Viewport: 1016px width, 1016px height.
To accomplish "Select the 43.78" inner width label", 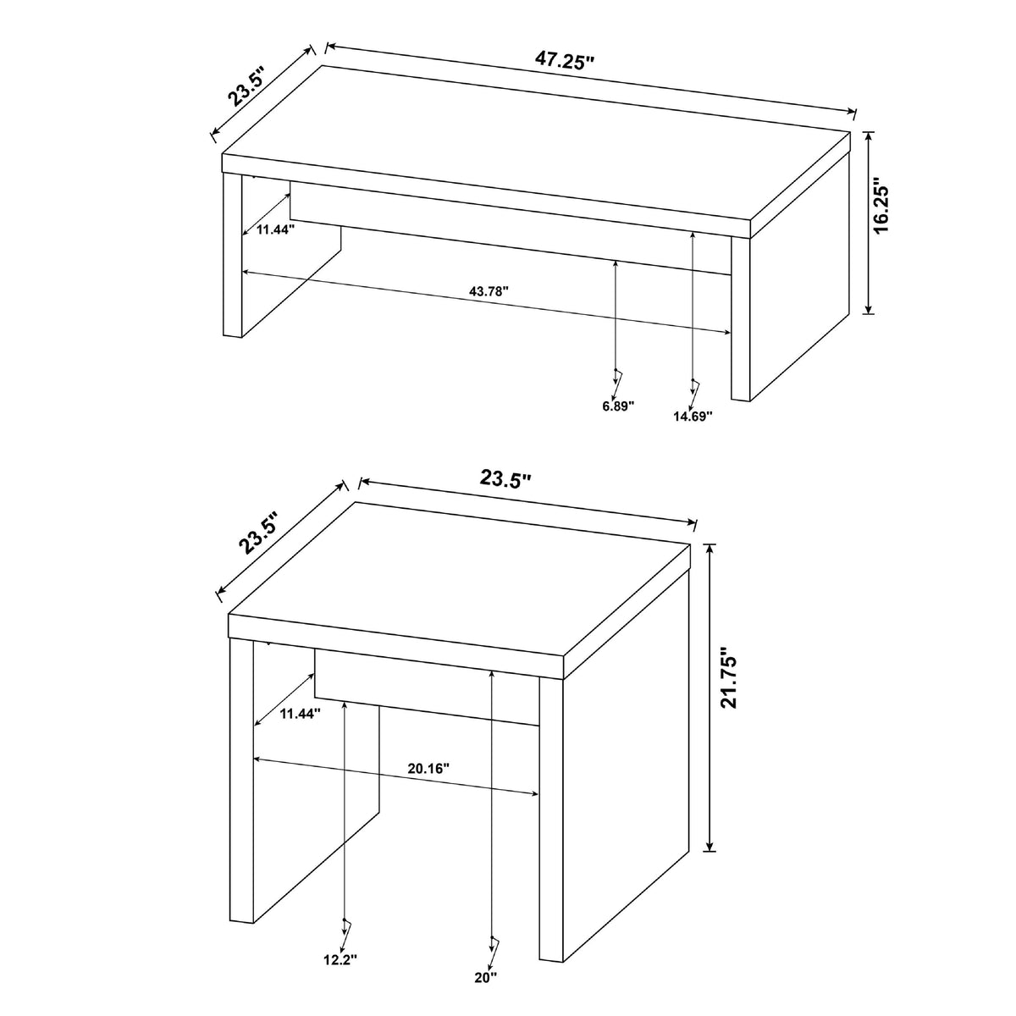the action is click(489, 290).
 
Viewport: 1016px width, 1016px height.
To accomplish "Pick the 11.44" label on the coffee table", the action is click(275, 229).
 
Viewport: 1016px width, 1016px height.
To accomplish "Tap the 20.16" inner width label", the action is click(428, 768).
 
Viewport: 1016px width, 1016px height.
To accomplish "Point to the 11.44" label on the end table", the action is click(300, 715).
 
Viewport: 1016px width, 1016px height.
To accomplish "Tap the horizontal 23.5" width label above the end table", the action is click(505, 478).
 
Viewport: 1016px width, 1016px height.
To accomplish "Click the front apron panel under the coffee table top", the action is click(510, 228).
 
